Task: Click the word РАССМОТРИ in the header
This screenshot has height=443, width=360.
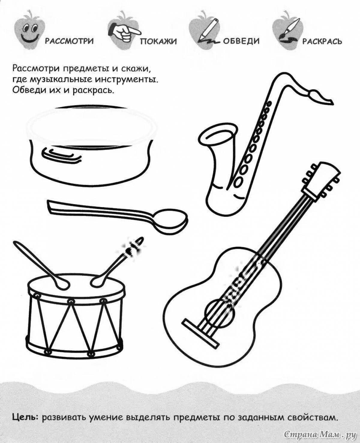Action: (x=69, y=41)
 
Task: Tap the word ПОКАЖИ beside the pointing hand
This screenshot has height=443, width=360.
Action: (x=159, y=41)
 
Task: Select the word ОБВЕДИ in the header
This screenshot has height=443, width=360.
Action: (x=241, y=41)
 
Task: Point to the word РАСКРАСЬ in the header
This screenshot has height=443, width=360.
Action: (x=322, y=41)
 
